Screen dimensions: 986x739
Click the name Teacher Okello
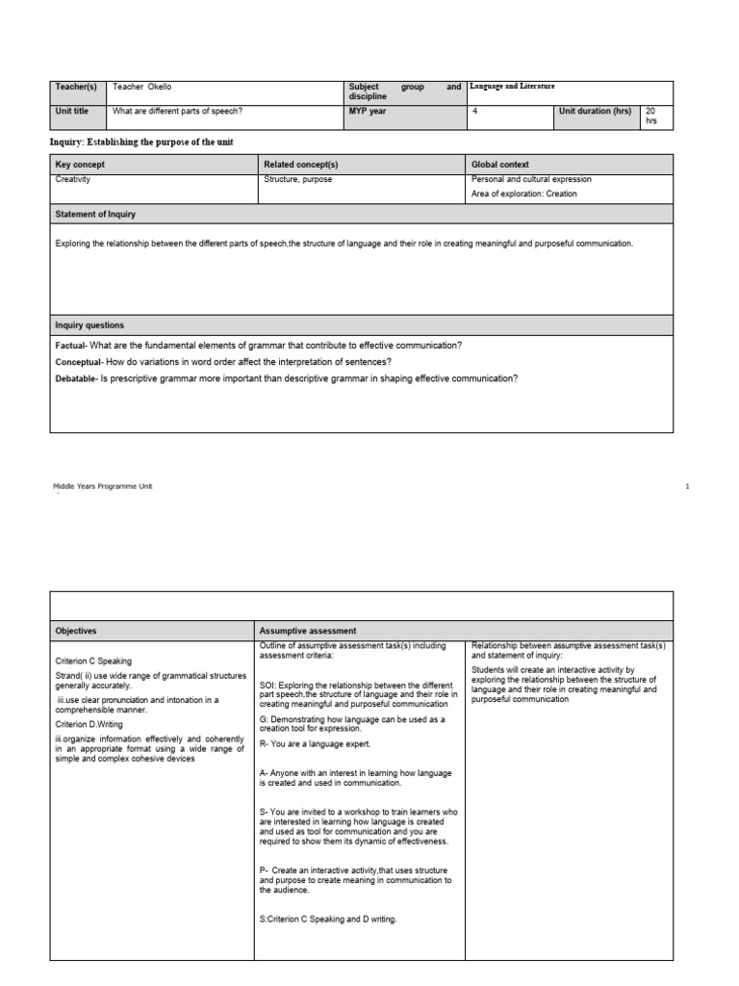pyautogui.click(x=141, y=87)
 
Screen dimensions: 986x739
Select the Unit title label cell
pyautogui.click(x=71, y=111)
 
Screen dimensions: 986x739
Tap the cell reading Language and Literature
pyautogui.click(x=511, y=87)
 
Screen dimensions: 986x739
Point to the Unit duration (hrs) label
pyautogui.click(x=596, y=111)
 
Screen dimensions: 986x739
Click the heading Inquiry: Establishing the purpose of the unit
pyautogui.click(x=141, y=142)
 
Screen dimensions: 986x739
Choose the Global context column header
pyautogui.click(x=499, y=165)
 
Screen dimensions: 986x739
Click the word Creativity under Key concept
pyautogui.click(x=74, y=179)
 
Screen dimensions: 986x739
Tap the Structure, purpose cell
pyautogui.click(x=298, y=179)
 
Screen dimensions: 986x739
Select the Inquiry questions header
pyautogui.click(x=89, y=325)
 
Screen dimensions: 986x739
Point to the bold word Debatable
pyautogui.click(x=76, y=378)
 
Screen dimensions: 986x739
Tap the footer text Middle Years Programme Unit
pyautogui.click(x=103, y=486)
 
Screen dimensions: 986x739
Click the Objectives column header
pyautogui.click(x=76, y=631)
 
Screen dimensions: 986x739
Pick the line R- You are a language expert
pyautogui.click(x=316, y=743)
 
